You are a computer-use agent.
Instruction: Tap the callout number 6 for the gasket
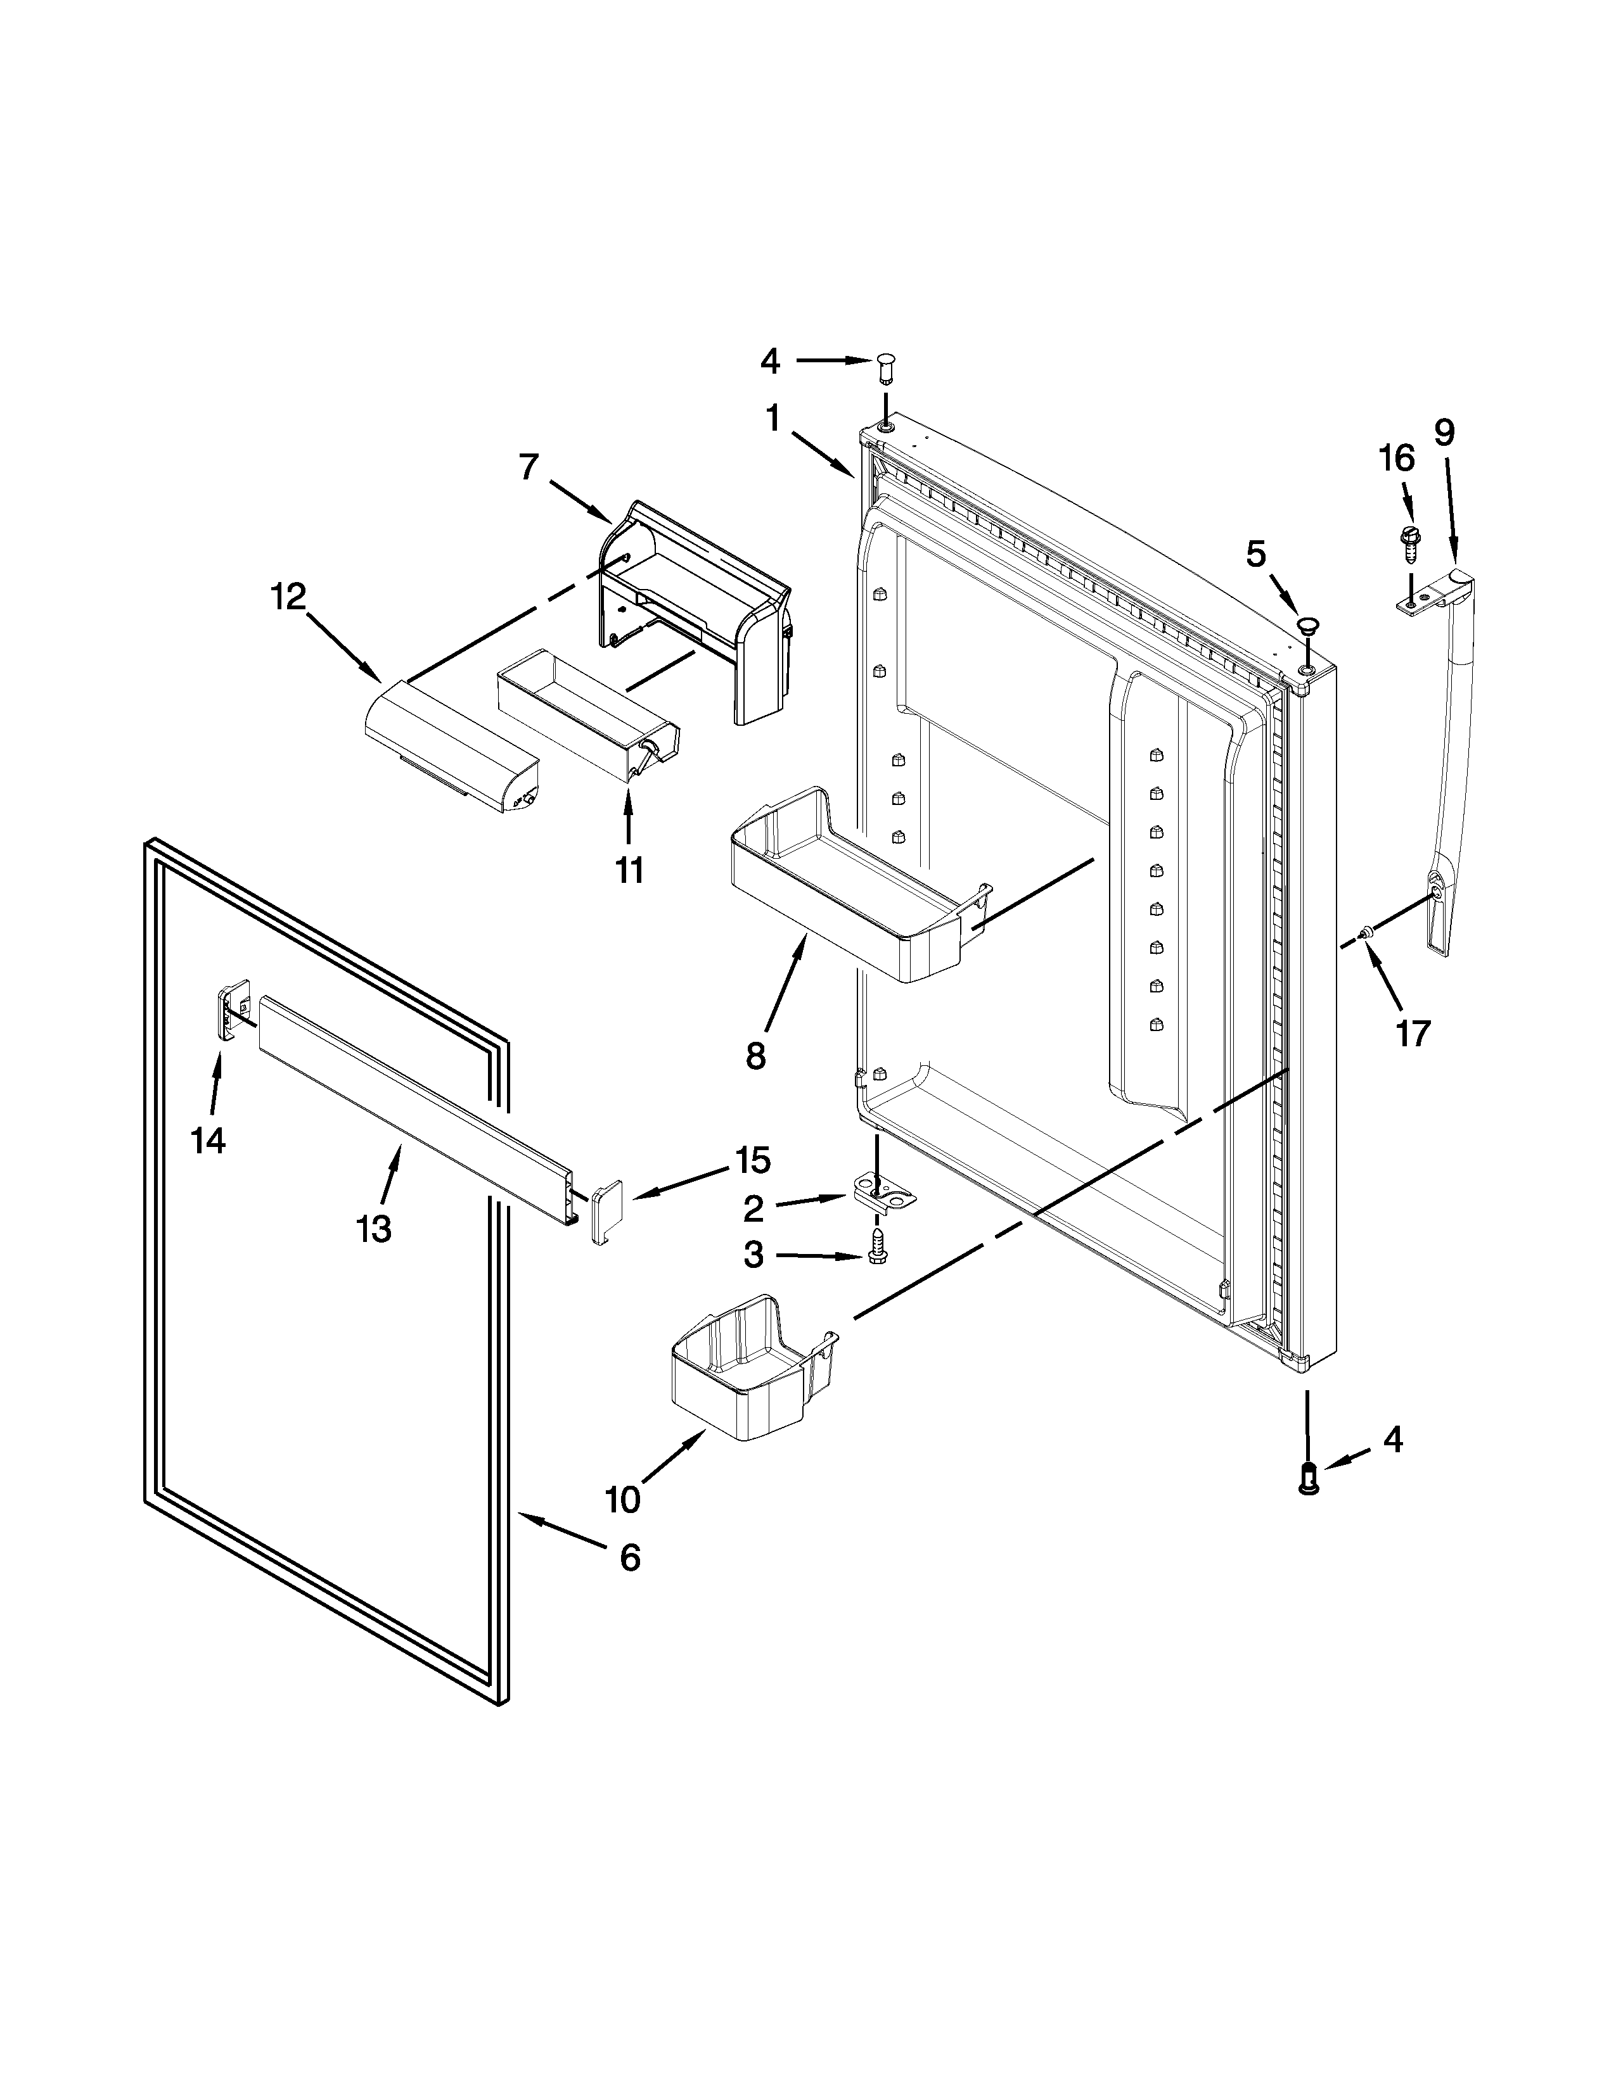click(x=629, y=1558)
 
